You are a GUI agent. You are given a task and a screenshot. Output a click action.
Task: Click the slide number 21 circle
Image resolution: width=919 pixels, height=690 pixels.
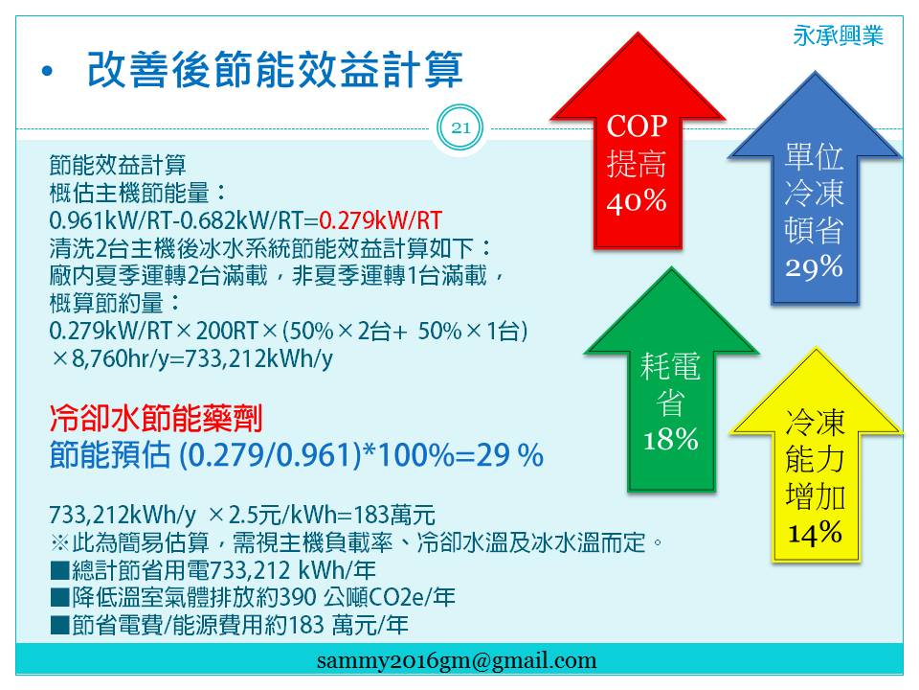click(x=460, y=127)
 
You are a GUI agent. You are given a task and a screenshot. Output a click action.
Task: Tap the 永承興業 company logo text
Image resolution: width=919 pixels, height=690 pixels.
click(x=838, y=35)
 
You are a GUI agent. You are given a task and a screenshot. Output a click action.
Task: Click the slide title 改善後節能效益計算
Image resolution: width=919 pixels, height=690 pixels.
click(x=275, y=69)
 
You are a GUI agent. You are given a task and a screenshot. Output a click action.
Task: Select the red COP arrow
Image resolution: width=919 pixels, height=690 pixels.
click(x=638, y=141)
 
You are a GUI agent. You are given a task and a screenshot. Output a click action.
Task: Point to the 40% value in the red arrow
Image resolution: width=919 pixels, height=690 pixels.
click(x=637, y=201)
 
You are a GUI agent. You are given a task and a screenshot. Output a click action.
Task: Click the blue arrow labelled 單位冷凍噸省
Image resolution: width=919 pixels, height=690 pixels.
click(x=815, y=188)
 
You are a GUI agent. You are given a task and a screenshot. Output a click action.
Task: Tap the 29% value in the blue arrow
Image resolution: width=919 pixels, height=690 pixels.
click(x=814, y=267)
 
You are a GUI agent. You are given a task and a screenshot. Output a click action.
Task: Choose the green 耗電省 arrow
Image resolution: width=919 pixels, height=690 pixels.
click(x=672, y=379)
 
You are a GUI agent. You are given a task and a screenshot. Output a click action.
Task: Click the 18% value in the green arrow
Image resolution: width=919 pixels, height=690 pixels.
click(x=671, y=439)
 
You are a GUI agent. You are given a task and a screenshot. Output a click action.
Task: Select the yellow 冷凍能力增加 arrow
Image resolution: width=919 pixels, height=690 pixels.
click(x=816, y=455)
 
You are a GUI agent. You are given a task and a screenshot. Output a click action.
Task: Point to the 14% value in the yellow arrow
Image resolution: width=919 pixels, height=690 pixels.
click(x=816, y=534)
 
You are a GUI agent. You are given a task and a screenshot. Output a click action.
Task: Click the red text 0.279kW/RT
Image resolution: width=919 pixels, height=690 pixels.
click(x=380, y=220)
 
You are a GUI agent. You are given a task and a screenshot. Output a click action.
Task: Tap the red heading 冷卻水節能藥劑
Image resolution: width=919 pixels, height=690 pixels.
click(x=156, y=418)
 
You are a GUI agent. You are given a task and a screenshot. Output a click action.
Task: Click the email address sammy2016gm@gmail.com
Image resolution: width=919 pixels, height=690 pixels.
click(x=457, y=660)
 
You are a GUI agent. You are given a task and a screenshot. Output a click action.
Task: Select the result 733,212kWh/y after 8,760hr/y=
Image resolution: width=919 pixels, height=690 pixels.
click(x=259, y=357)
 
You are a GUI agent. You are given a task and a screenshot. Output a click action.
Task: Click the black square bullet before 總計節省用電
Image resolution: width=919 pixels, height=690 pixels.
click(x=59, y=570)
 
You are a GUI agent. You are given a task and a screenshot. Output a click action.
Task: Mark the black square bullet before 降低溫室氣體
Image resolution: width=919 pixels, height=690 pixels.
click(x=59, y=598)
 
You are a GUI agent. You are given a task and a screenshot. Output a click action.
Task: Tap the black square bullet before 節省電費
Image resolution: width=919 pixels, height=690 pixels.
click(x=59, y=626)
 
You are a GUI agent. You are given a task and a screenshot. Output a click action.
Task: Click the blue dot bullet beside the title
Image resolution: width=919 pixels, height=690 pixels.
click(x=47, y=72)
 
